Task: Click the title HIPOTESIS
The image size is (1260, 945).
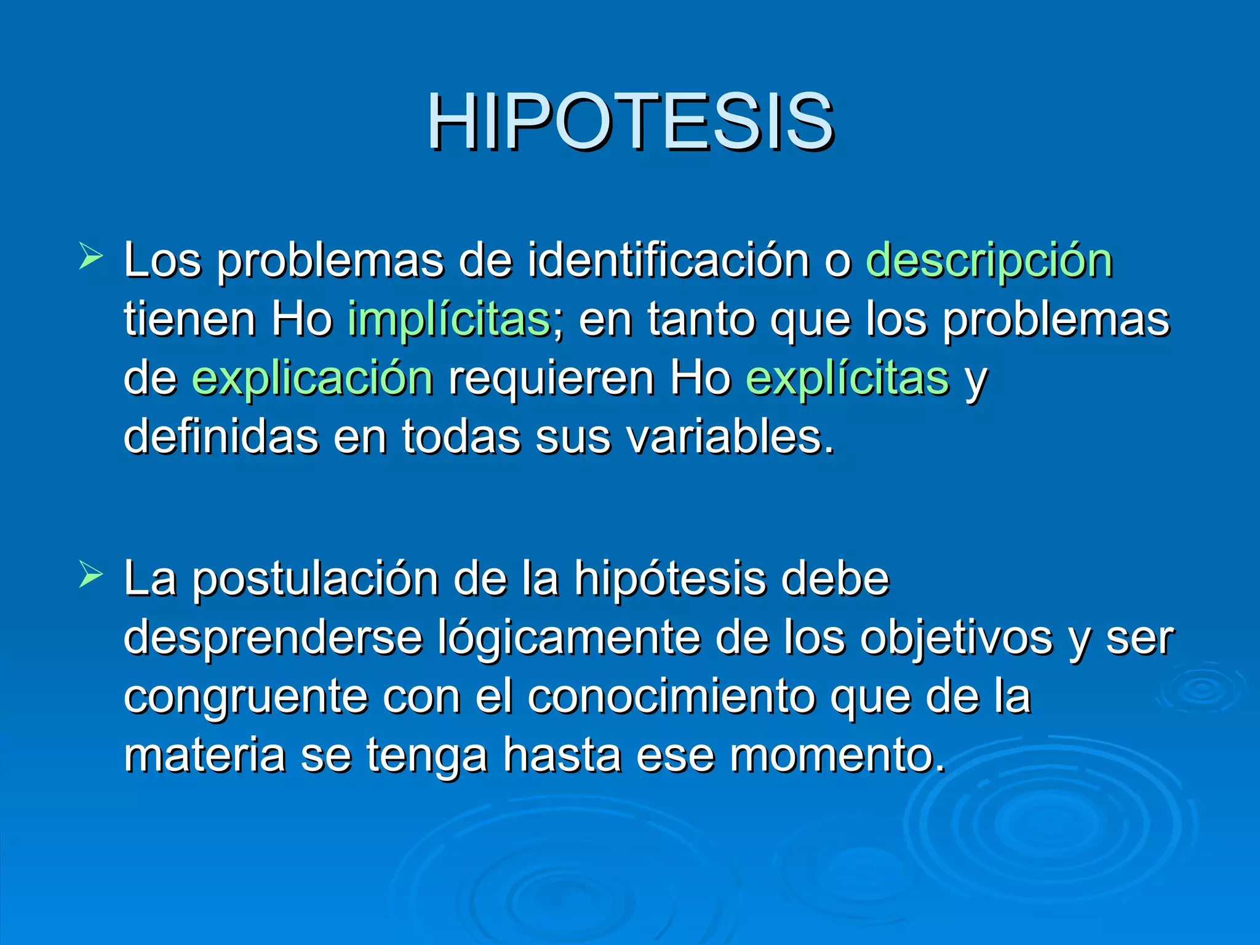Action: [630, 121]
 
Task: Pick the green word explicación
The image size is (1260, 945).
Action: [313, 378]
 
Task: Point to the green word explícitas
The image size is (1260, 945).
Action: [847, 378]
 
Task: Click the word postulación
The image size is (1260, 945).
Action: [315, 580]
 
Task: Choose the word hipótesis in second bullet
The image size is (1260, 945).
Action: [670, 580]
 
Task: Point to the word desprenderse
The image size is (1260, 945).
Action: [273, 638]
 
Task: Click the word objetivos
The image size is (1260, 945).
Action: [956, 638]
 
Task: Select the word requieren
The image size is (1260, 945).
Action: [551, 378]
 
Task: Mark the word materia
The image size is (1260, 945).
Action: [204, 756]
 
